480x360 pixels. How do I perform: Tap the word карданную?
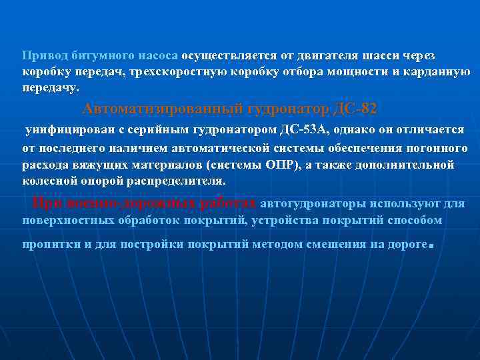click(438, 71)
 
